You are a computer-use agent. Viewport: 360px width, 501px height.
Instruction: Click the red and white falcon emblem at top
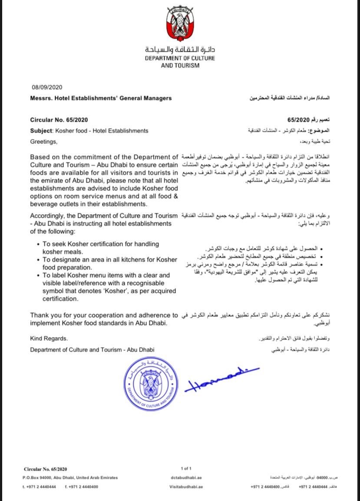click(180, 24)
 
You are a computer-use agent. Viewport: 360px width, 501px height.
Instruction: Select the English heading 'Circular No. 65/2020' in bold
click(61, 119)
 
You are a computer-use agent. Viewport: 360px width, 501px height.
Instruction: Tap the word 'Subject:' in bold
click(42, 130)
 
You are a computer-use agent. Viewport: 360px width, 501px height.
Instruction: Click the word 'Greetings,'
click(43, 141)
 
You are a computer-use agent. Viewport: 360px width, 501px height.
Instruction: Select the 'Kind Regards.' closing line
click(49, 338)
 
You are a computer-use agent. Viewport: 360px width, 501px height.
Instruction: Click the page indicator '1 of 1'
click(185, 468)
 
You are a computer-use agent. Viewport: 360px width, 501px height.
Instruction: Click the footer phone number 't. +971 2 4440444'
click(39, 487)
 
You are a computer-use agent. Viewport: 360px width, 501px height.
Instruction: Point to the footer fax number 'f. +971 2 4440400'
click(81, 487)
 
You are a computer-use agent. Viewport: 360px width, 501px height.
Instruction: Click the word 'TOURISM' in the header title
click(187, 65)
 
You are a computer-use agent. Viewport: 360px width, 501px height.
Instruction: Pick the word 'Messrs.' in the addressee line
click(40, 98)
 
